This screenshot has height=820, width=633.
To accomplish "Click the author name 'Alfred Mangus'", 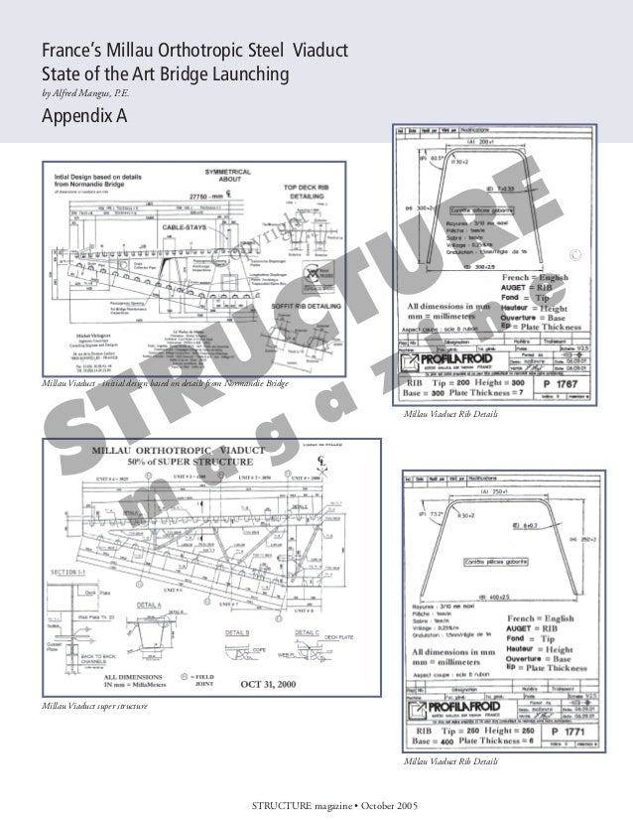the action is (86, 94).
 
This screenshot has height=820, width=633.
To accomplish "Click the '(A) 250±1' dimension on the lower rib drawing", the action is (496, 490).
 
